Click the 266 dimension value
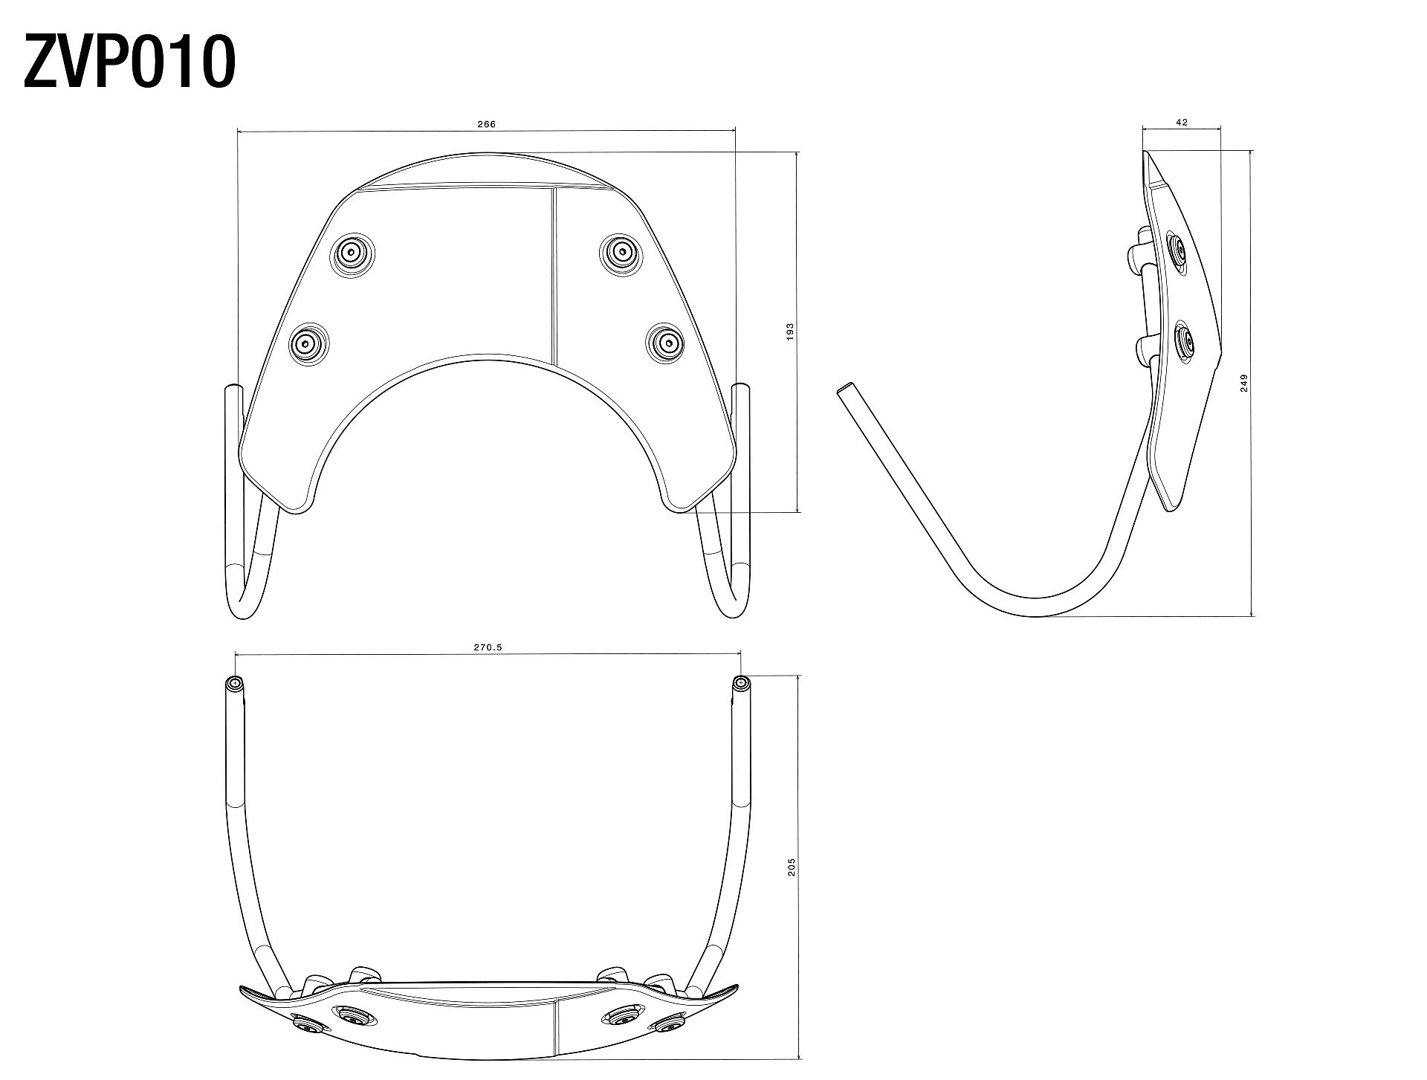pyautogui.click(x=486, y=124)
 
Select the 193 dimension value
pyautogui.click(x=790, y=332)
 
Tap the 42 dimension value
pyautogui.click(x=1182, y=123)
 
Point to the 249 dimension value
pyautogui.click(x=1244, y=383)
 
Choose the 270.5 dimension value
pyautogui.click(x=488, y=647)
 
